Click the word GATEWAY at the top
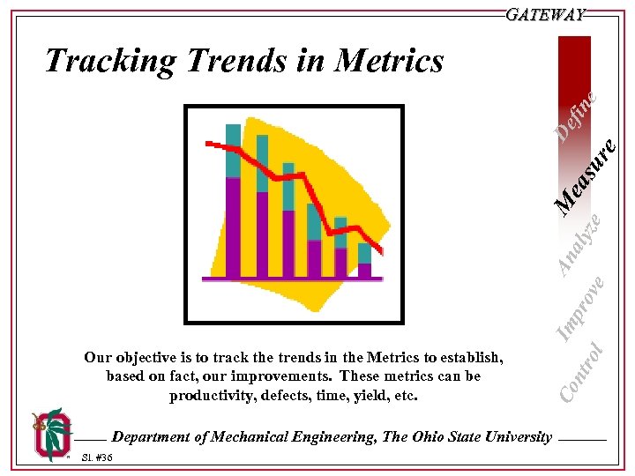[546, 15]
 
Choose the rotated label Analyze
[583, 242]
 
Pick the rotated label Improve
[583, 306]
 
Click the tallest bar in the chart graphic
[233, 203]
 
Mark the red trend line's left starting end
[207, 143]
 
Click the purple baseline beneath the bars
[292, 279]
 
